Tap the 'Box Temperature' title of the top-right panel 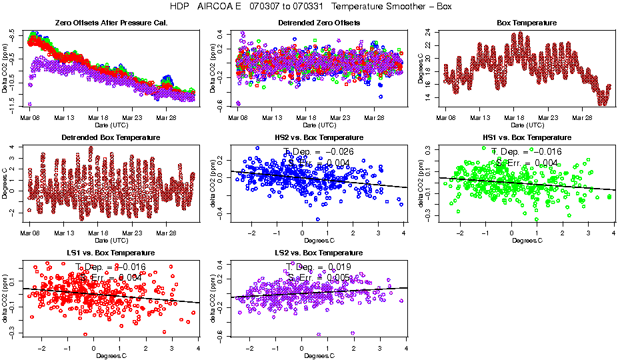coord(527,23)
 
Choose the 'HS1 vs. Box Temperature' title coord(527,138)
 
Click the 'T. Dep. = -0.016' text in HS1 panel coord(527,151)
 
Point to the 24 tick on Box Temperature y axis coord(427,32)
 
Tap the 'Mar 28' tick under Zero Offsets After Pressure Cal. coord(166,118)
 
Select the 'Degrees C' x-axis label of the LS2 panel coord(317,355)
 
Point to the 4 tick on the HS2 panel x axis coord(404,233)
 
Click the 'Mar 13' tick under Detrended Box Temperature coord(65,233)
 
